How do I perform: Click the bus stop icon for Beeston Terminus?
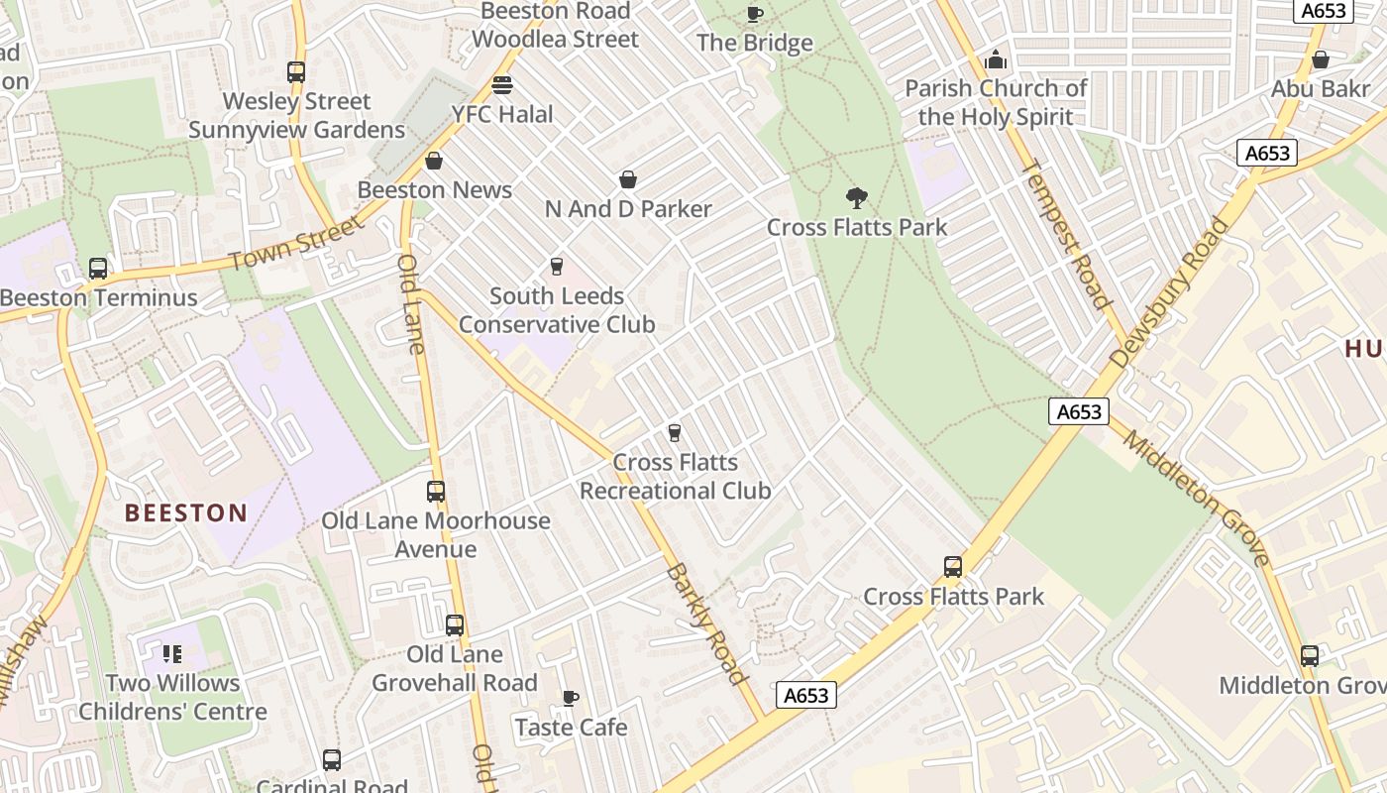(98, 269)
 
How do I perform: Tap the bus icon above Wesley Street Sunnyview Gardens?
(296, 72)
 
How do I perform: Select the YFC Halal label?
(502, 114)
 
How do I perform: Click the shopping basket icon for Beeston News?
(434, 161)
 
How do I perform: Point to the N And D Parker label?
(628, 209)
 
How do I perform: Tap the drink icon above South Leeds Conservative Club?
(556, 267)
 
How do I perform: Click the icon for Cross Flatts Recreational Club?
(675, 432)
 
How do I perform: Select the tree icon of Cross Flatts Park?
(857, 198)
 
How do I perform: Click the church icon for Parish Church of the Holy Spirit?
(996, 60)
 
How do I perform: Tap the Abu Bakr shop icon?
(1321, 60)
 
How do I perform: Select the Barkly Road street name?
(705, 623)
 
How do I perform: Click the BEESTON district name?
(185, 512)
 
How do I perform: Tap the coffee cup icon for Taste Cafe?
(571, 699)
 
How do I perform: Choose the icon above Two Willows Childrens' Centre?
(172, 654)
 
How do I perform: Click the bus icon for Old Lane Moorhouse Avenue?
(436, 492)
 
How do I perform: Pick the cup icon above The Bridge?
(755, 14)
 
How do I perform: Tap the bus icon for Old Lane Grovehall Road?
(455, 625)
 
